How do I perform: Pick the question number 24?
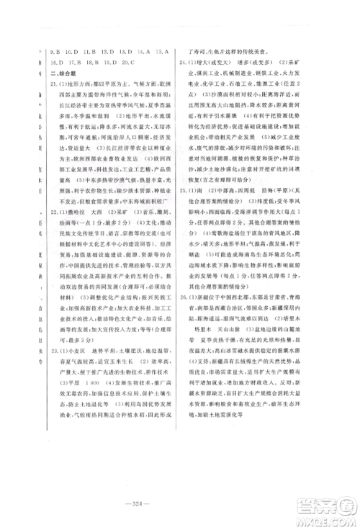(x=185, y=74)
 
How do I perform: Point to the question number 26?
(x=185, y=336)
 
